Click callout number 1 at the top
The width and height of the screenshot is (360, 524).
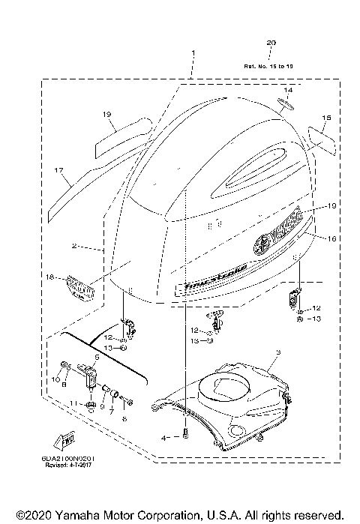[193, 53]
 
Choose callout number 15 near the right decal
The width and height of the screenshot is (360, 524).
[326, 118]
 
